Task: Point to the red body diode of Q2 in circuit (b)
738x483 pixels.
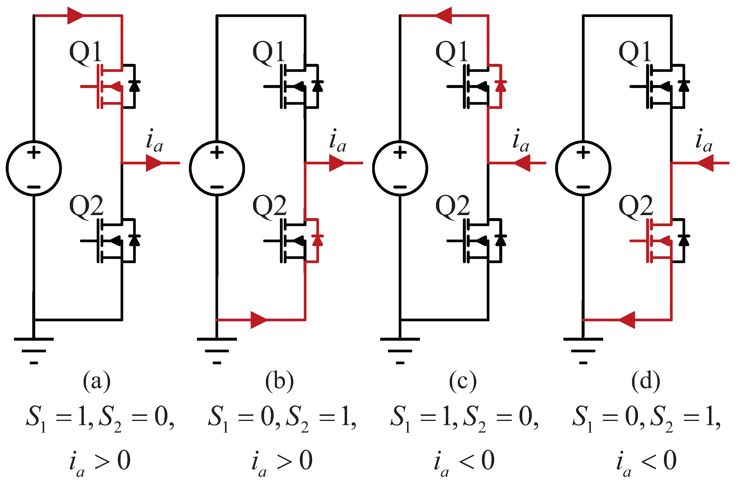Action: [x=318, y=240]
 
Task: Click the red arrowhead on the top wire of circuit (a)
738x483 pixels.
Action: [x=75, y=15]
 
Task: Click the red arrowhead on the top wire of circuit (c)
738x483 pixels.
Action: [x=444, y=15]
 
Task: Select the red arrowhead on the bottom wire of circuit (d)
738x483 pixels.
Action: [x=627, y=320]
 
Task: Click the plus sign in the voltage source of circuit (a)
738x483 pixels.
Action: [x=34, y=152]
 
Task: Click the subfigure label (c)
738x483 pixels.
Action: [x=463, y=381]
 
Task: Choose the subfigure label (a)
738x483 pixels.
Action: [x=96, y=381]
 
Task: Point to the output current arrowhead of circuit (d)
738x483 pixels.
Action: [x=705, y=163]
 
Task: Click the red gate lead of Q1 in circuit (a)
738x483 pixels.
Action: [x=88, y=86]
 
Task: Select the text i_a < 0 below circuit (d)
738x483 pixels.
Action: [x=646, y=461]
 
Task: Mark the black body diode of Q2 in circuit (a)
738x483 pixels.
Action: [x=134, y=240]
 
